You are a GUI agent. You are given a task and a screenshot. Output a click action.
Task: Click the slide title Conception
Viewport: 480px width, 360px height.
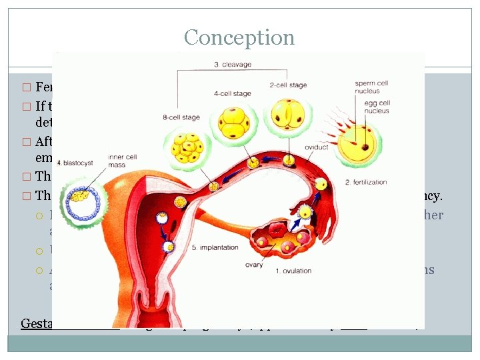point(239,37)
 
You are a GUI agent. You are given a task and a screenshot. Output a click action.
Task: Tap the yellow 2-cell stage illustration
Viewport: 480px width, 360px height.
point(287,115)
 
